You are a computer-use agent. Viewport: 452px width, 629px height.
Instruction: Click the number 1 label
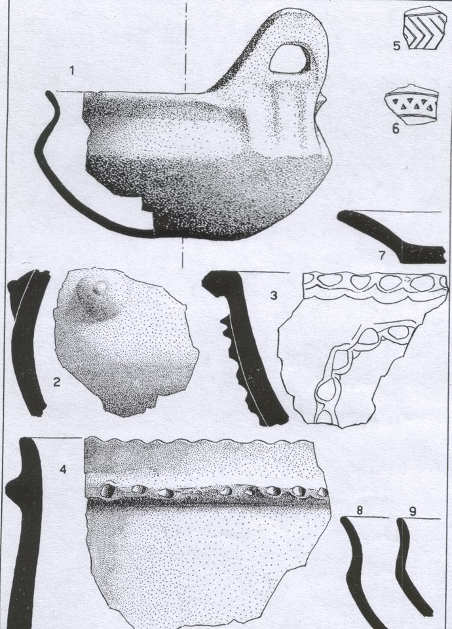pos(72,71)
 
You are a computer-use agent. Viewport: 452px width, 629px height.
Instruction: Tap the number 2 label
pos(56,382)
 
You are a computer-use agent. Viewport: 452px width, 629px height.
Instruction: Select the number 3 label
pos(274,295)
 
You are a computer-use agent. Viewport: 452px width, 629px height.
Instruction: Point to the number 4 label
pos(63,469)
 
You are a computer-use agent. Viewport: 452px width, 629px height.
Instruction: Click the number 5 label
pos(397,46)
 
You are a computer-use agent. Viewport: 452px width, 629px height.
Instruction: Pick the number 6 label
pos(396,129)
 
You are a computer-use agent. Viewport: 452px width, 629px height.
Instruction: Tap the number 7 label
pos(381,255)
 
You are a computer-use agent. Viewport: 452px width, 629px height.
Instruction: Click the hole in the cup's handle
pos(289,59)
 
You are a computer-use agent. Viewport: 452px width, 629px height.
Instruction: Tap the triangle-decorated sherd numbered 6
pos(411,104)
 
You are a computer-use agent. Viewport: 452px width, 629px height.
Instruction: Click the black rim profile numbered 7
pos(391,236)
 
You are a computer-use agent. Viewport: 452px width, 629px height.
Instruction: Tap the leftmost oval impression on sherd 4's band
pos(107,490)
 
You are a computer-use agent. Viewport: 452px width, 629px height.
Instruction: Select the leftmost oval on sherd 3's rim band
pos(329,280)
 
